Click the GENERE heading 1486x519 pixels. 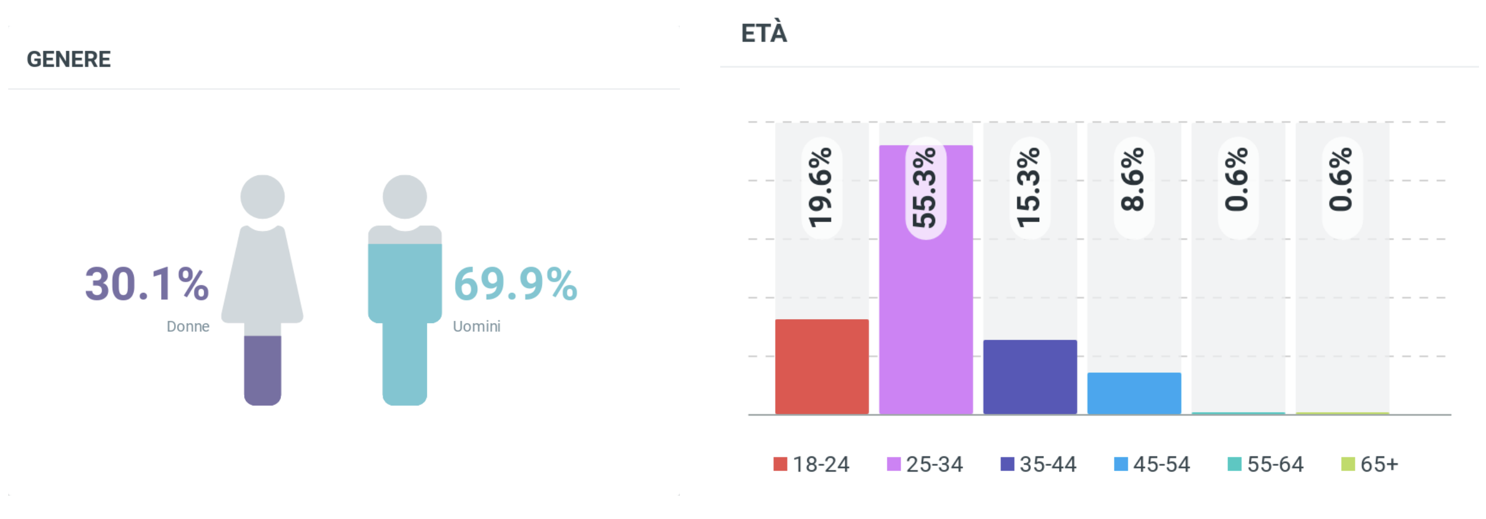(69, 60)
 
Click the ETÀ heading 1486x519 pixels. (764, 33)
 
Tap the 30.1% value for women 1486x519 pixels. (147, 285)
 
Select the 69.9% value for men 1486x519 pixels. (515, 285)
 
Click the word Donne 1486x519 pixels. (188, 326)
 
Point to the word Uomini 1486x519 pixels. (477, 326)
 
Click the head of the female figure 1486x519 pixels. (262, 196)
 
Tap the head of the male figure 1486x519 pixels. (404, 196)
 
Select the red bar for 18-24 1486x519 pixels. (821, 366)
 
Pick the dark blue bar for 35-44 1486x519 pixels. (1030, 377)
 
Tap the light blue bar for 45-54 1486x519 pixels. (1134, 393)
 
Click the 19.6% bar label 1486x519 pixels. (821, 188)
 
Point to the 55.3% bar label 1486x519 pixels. (925, 188)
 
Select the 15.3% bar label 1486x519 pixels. (1029, 188)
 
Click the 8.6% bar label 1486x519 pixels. (1133, 180)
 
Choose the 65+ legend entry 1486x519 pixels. (1370, 464)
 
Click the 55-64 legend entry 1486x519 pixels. (1266, 464)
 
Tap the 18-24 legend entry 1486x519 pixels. (811, 464)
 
